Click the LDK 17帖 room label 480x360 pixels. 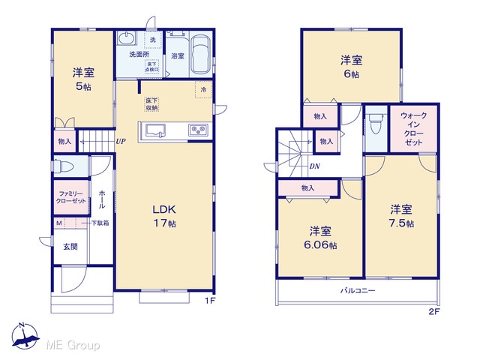(x=164, y=216)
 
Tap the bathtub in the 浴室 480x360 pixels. (x=200, y=55)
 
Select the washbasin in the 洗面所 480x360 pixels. (x=126, y=38)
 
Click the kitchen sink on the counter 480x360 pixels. (x=155, y=130)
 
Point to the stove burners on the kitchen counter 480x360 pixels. (x=198, y=130)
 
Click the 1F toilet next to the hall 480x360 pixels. (x=63, y=166)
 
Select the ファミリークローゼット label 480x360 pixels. (x=71, y=197)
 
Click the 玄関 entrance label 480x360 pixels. (x=70, y=247)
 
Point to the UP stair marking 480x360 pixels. (x=121, y=142)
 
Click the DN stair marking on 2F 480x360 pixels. (x=315, y=166)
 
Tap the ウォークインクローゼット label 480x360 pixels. (x=413, y=128)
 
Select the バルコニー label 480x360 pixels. (x=358, y=290)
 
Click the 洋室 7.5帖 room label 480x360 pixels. (x=401, y=216)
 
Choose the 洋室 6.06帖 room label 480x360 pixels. (x=320, y=238)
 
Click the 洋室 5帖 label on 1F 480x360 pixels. (x=83, y=79)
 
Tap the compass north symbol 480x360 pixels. (x=25, y=336)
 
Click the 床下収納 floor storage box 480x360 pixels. (x=151, y=104)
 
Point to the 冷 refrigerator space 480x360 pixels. (x=203, y=89)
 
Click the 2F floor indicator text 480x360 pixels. (x=433, y=312)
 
